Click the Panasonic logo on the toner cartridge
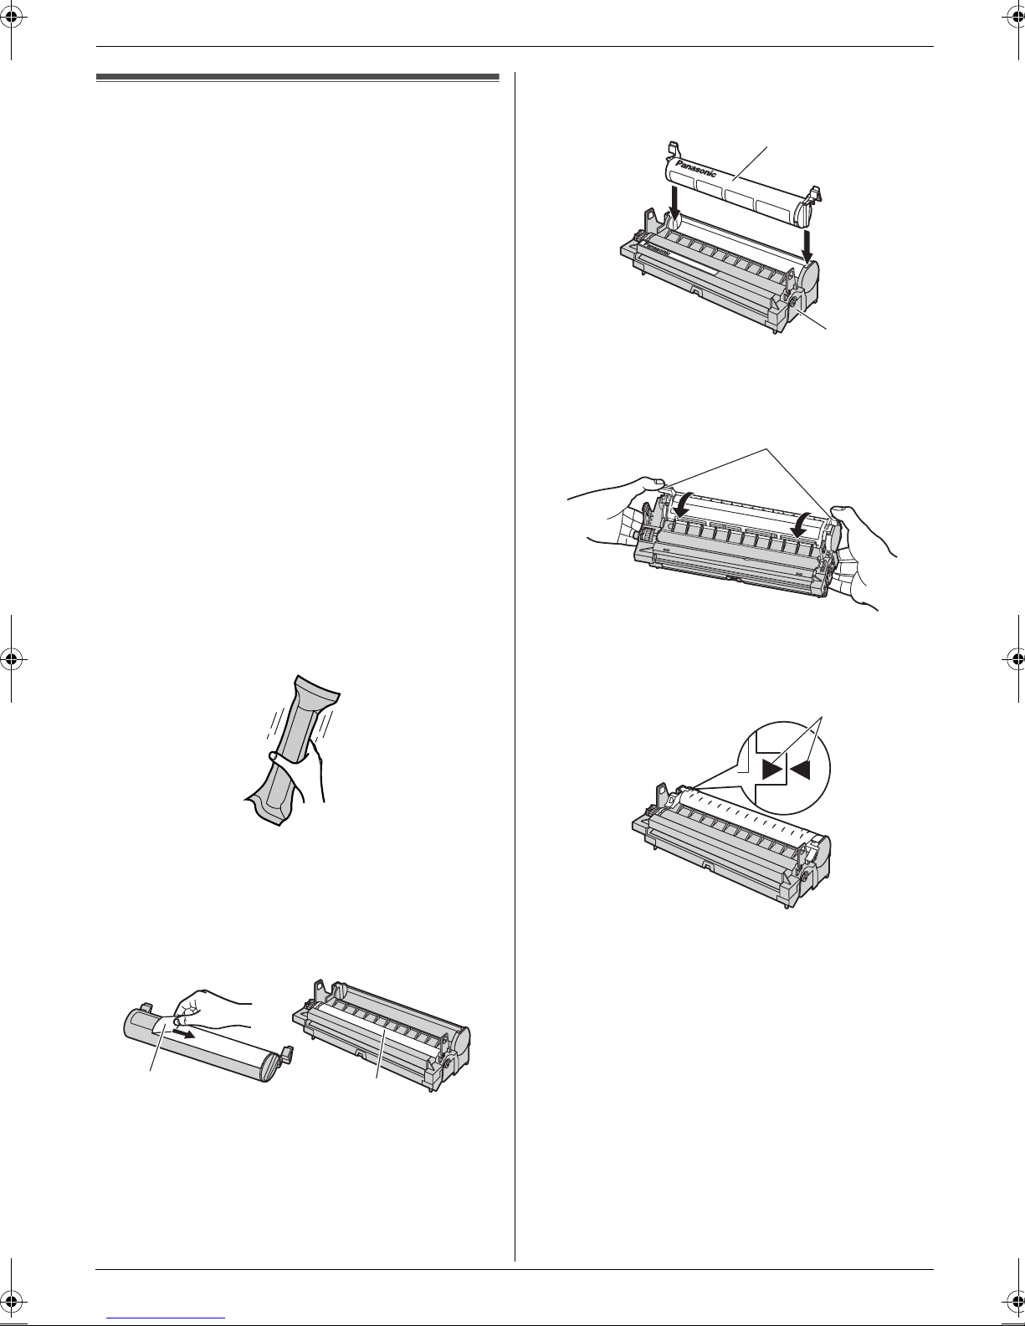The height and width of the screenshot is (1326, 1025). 695,168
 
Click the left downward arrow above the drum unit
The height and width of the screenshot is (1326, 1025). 674,208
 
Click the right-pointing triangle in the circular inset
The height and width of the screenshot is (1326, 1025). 773,771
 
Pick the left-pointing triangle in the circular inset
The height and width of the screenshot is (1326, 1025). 801,770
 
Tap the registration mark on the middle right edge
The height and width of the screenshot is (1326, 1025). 1013,659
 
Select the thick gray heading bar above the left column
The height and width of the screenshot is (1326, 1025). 298,78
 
